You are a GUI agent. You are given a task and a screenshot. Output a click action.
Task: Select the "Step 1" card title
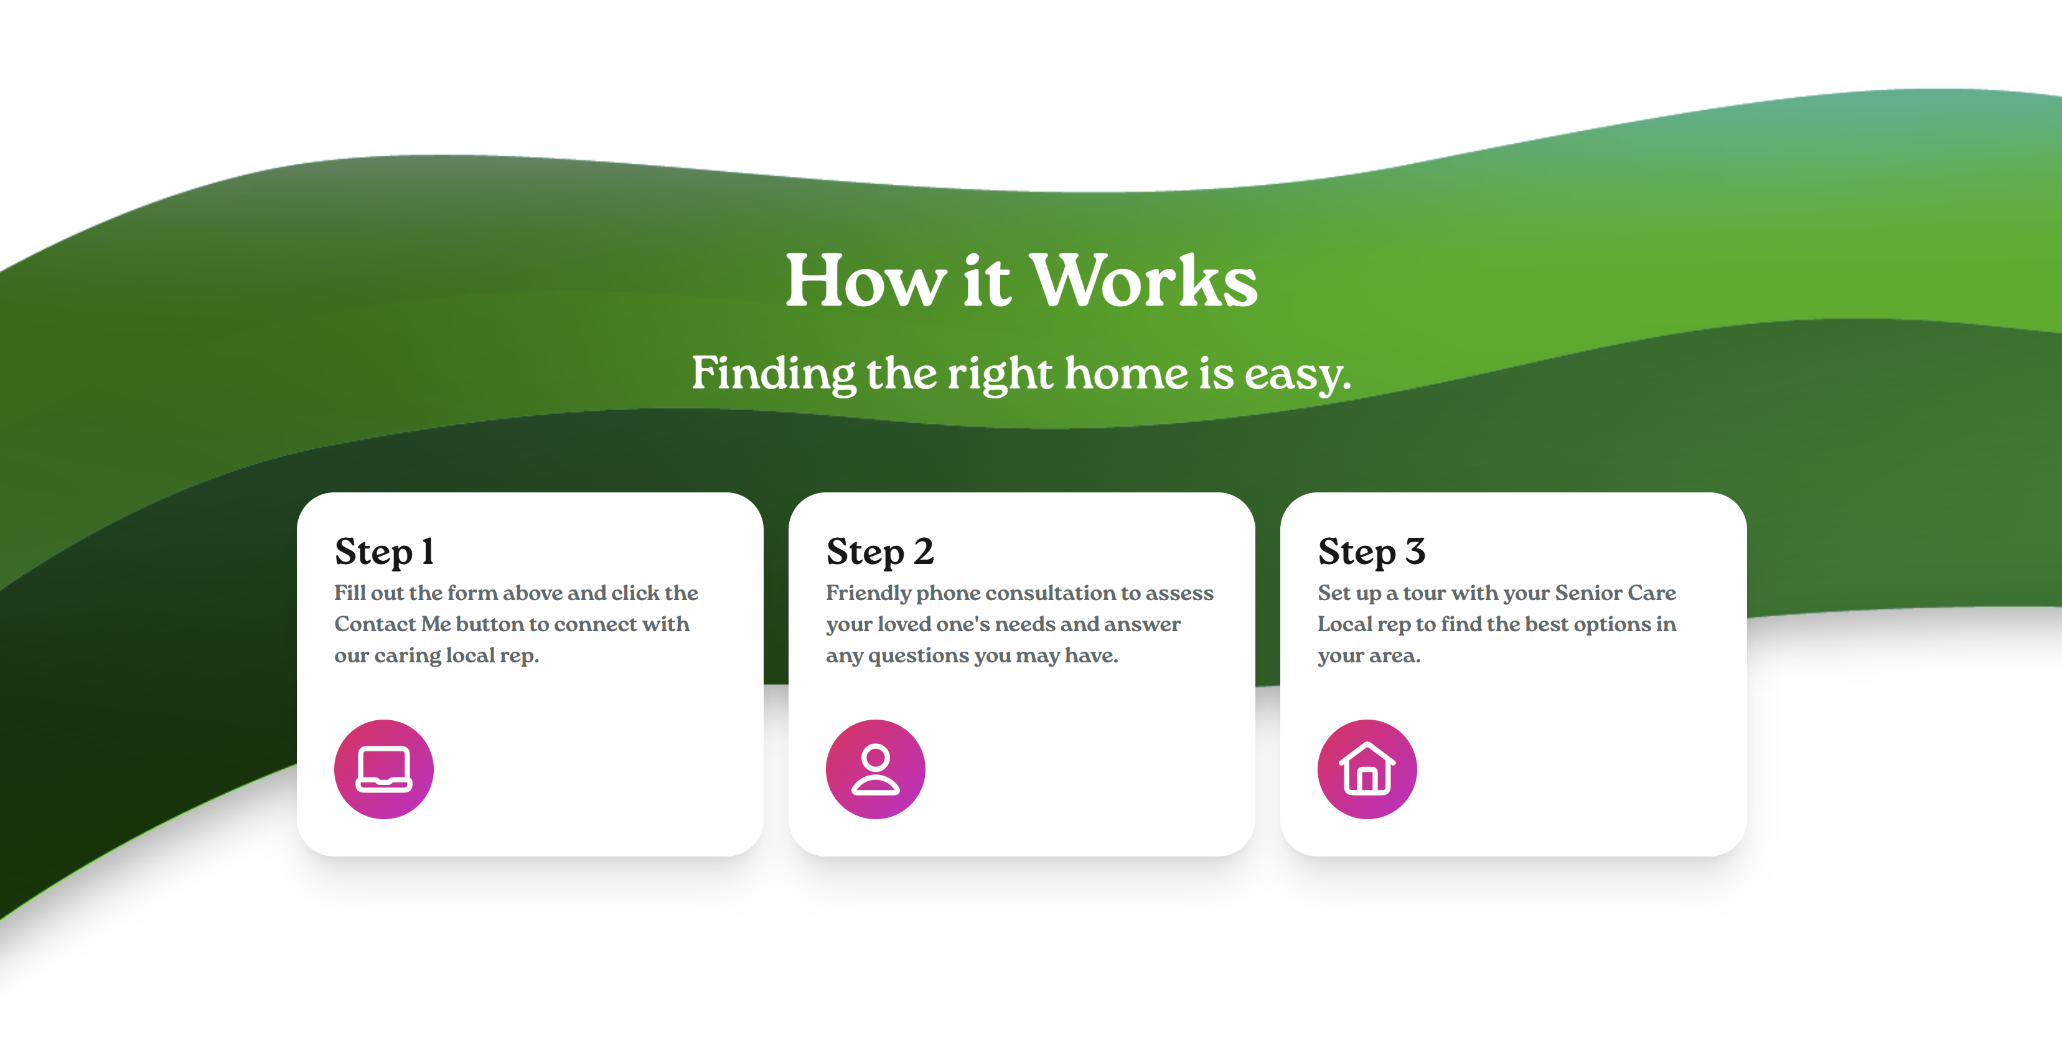[384, 552]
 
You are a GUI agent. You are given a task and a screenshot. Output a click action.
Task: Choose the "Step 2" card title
[879, 552]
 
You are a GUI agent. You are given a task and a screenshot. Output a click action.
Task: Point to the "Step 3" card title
[1371, 552]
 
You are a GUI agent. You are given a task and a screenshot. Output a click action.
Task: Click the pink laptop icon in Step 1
[384, 769]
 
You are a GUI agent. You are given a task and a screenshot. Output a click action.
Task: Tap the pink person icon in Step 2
[876, 769]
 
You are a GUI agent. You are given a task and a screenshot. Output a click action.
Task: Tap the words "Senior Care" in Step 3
[1614, 593]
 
